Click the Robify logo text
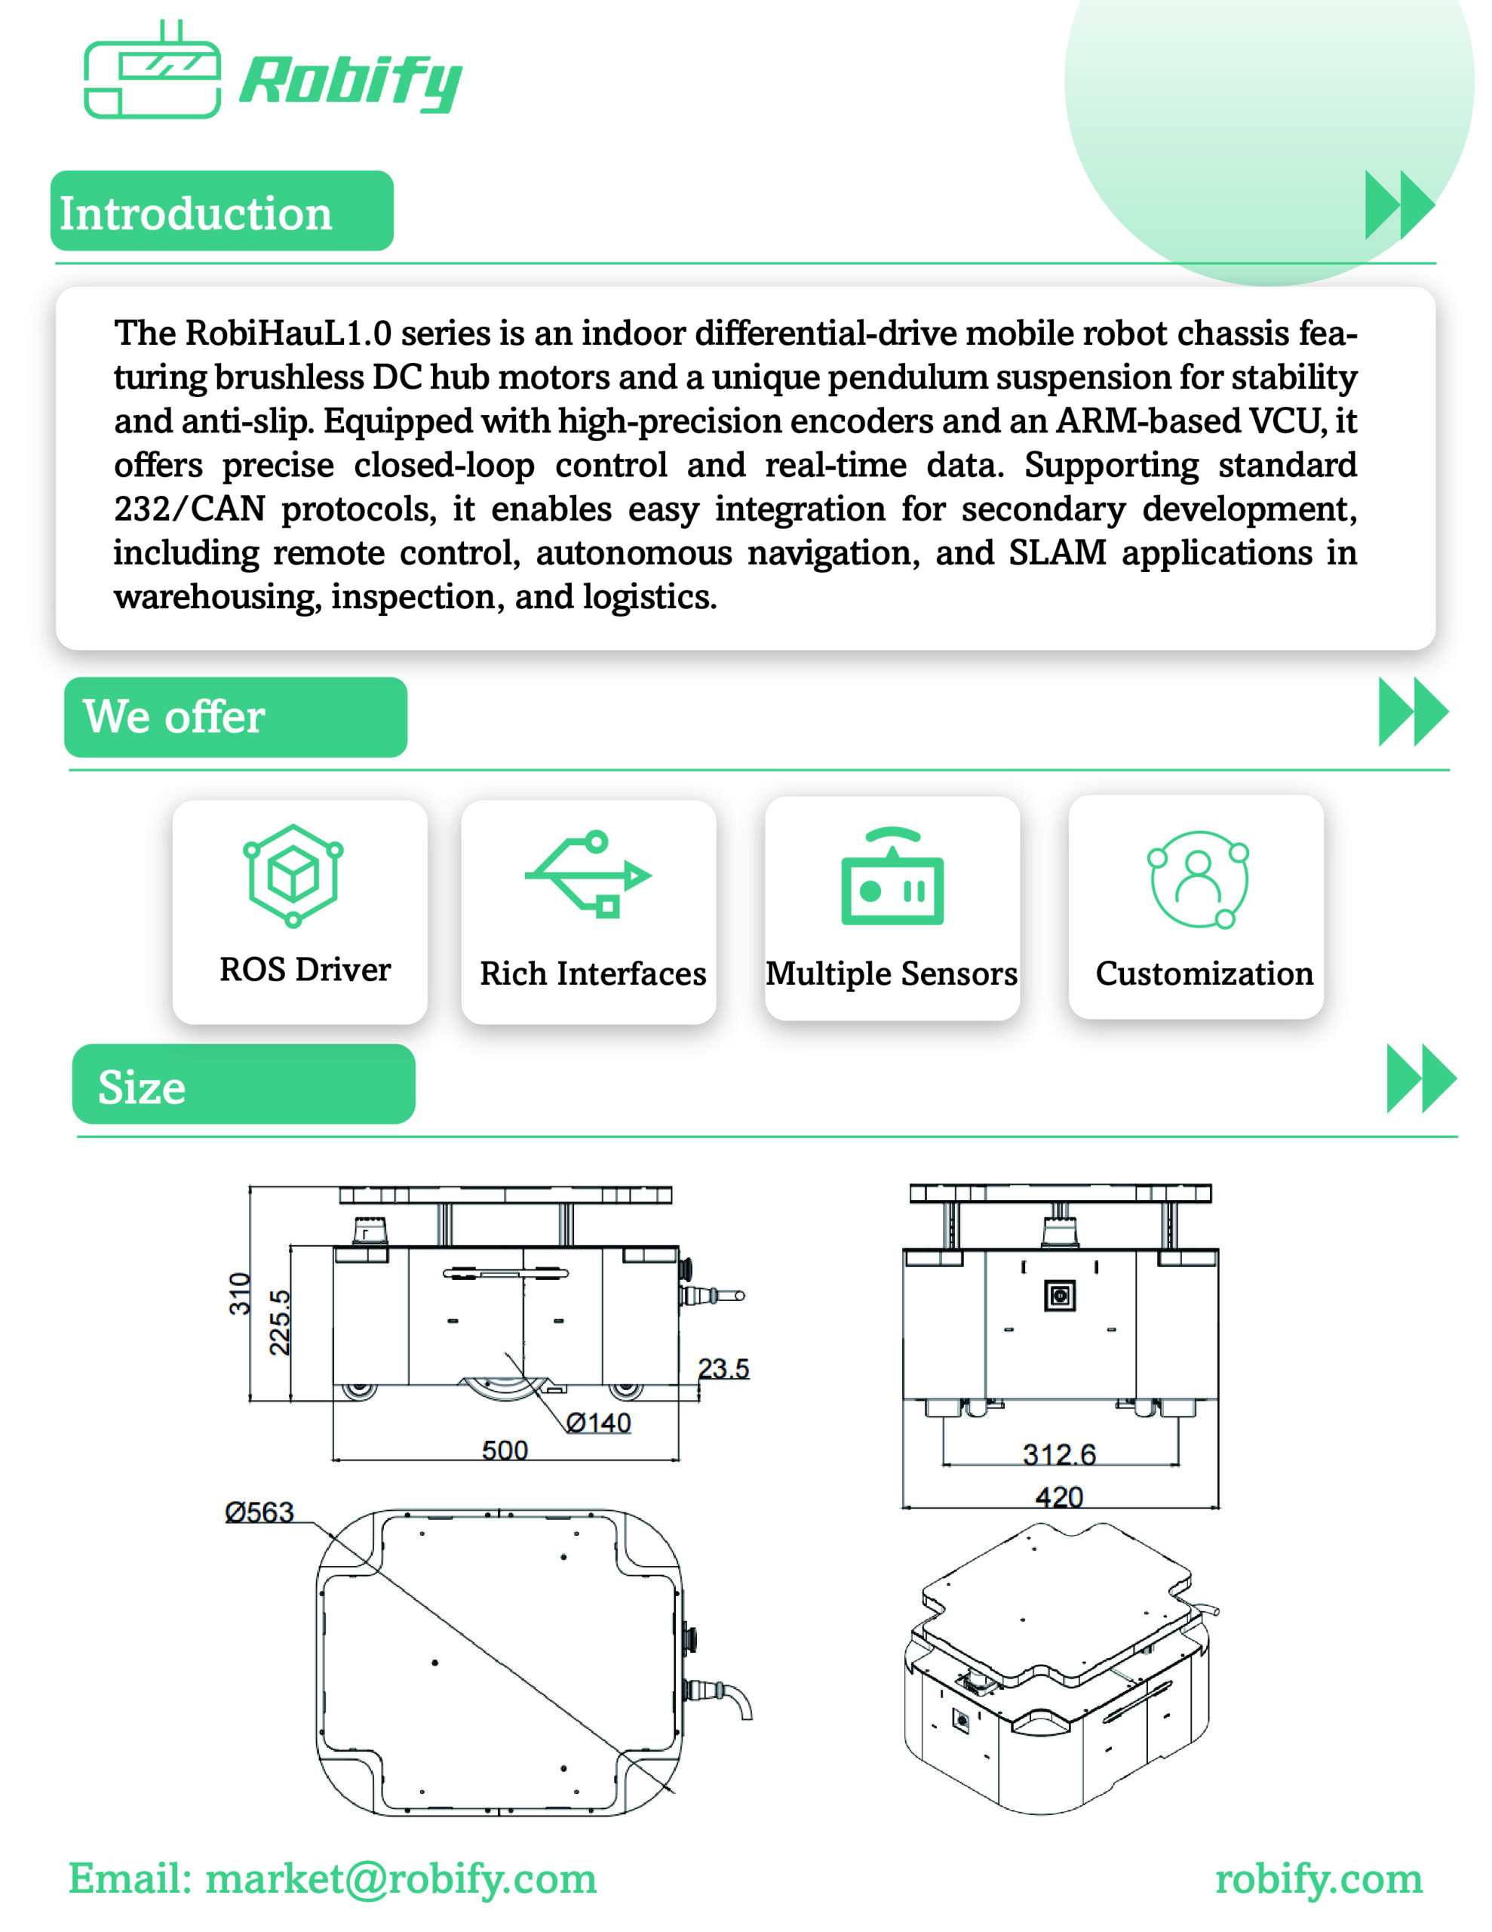pos(350,82)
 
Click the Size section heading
pos(142,1088)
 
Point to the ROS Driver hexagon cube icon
pos(293,875)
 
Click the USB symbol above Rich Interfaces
pos(588,874)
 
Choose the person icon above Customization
pos(1199,879)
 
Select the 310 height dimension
pos(240,1294)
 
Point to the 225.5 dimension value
pos(280,1322)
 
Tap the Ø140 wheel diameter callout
pos(599,1423)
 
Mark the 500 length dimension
pos(505,1450)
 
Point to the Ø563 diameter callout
pos(259,1512)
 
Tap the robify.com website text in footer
pos(1319,1879)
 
